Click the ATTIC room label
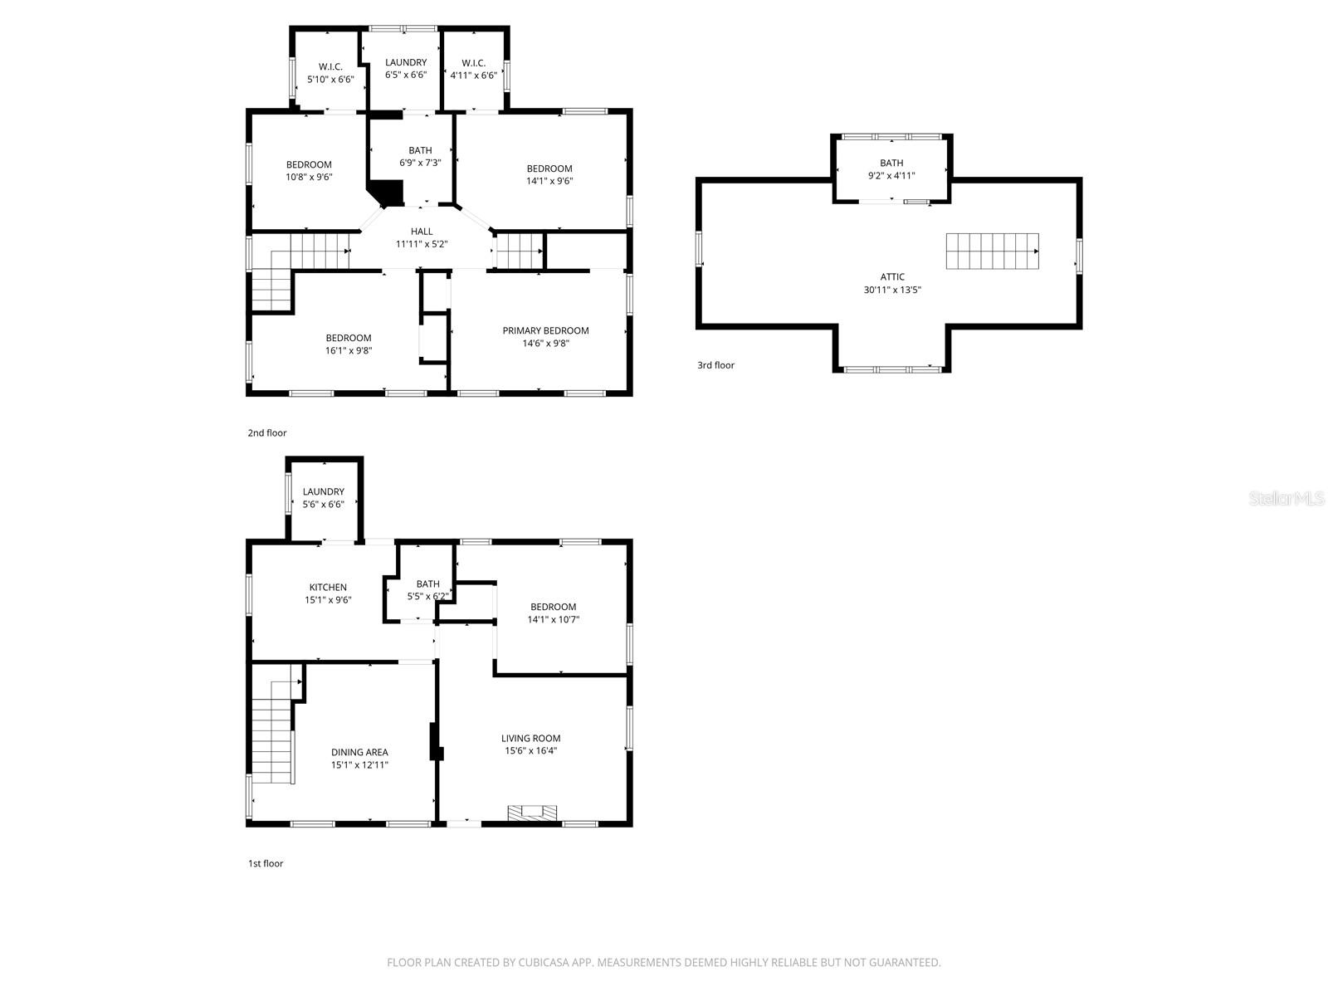coord(892,277)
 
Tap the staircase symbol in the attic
coord(992,251)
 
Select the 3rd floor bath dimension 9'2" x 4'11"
coord(891,176)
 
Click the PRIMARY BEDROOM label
coord(545,330)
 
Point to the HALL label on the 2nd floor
coord(422,232)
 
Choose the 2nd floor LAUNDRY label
coord(406,62)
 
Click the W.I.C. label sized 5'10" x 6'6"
coord(330,66)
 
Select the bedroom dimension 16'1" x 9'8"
coord(349,350)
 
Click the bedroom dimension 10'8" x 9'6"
coord(309,177)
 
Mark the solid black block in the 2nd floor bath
coord(387,194)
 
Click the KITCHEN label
coord(328,588)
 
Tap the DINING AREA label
coord(359,753)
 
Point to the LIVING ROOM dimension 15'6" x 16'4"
coord(530,750)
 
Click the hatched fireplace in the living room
coord(533,813)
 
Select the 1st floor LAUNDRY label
coord(323,491)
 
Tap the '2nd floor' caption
coord(267,432)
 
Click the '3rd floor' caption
coord(715,365)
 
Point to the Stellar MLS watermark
coord(1286,498)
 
